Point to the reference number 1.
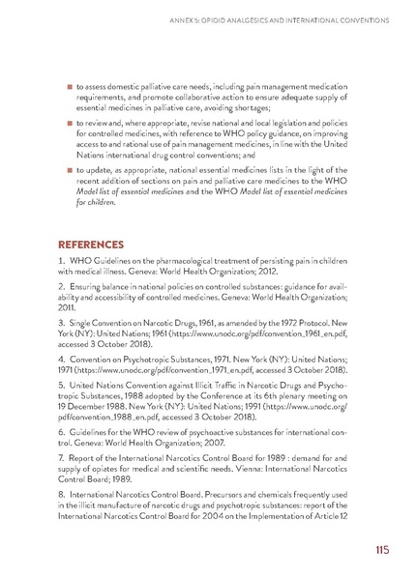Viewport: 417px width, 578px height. (60, 263)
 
